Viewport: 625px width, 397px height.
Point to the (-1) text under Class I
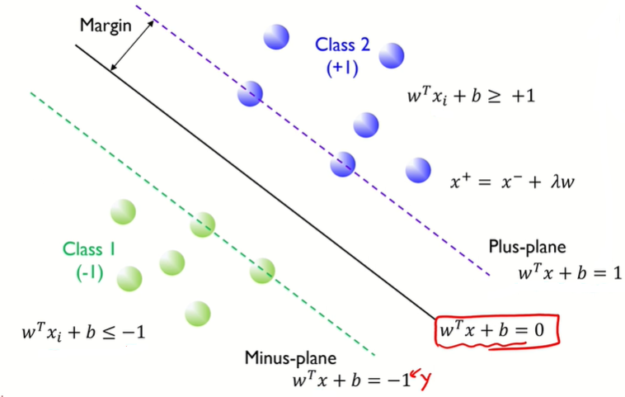88,272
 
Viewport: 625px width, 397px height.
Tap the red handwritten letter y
425,380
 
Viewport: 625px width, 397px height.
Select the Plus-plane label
527,247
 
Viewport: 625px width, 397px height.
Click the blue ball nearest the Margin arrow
250,94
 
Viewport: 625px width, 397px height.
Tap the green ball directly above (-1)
123,212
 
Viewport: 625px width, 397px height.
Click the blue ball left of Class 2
275,37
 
